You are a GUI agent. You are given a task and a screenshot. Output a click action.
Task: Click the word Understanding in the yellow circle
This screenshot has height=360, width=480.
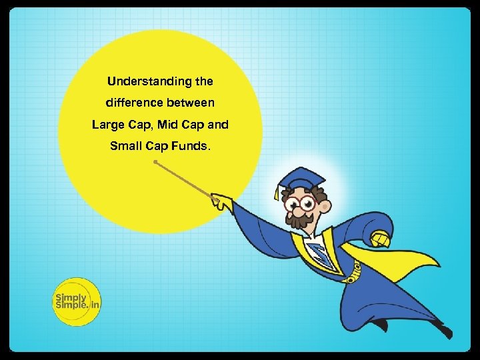point(139,82)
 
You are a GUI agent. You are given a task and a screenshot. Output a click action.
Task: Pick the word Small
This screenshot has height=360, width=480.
point(126,146)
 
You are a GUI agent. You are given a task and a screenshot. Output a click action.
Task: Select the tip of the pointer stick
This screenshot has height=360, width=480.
point(155,162)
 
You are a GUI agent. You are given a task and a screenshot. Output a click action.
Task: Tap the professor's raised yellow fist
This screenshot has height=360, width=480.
point(381,237)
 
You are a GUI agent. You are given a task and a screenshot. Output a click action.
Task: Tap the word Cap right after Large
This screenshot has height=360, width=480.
point(142,125)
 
